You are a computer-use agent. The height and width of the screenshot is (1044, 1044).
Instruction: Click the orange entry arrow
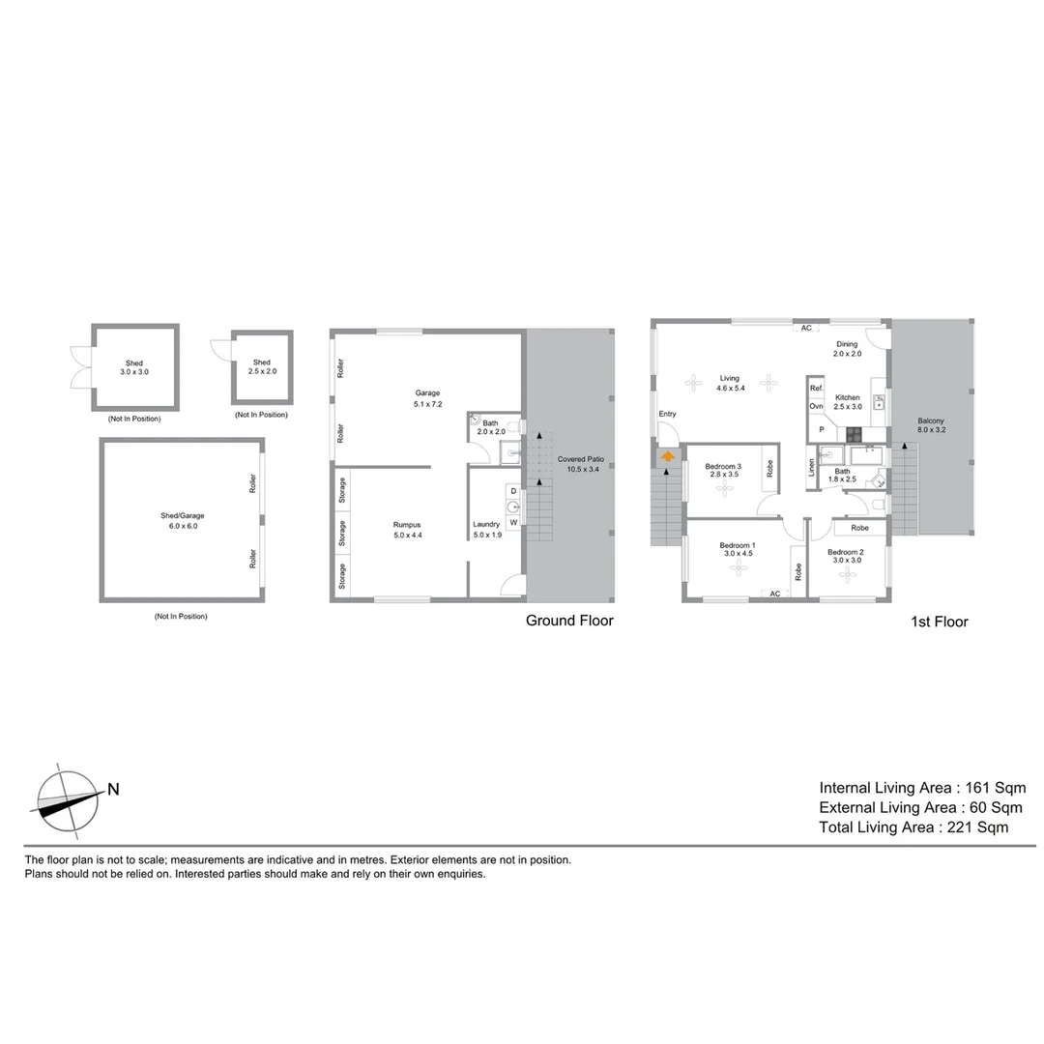click(x=667, y=455)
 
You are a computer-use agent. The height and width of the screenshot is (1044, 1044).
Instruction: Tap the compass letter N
click(x=113, y=789)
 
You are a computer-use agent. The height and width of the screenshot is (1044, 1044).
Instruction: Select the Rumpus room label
click(x=407, y=530)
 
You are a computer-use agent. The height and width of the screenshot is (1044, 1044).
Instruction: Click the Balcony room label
click(x=932, y=426)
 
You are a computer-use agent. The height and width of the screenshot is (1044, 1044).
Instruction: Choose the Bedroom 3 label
click(x=723, y=471)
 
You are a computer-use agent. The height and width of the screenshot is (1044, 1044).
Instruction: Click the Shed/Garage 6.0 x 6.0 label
click(x=183, y=520)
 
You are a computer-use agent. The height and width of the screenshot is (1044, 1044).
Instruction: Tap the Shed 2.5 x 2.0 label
click(x=261, y=367)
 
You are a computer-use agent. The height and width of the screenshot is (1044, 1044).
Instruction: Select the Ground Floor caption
click(x=569, y=621)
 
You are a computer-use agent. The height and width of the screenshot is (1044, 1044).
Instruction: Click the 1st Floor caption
click(x=939, y=622)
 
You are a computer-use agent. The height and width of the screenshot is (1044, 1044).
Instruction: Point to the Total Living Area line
click(x=913, y=827)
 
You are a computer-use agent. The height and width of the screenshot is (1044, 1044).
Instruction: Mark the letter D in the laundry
click(x=513, y=492)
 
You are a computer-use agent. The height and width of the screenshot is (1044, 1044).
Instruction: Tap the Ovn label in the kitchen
click(x=816, y=406)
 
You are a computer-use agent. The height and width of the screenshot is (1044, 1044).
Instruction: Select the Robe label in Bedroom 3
click(x=769, y=468)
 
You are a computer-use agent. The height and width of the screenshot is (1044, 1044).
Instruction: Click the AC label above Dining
click(x=805, y=328)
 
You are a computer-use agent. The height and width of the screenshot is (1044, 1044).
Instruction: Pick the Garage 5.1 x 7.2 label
click(x=427, y=397)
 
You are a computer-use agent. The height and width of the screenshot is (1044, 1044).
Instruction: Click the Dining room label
click(x=847, y=349)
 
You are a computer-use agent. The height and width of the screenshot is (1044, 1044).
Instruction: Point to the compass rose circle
click(x=66, y=801)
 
